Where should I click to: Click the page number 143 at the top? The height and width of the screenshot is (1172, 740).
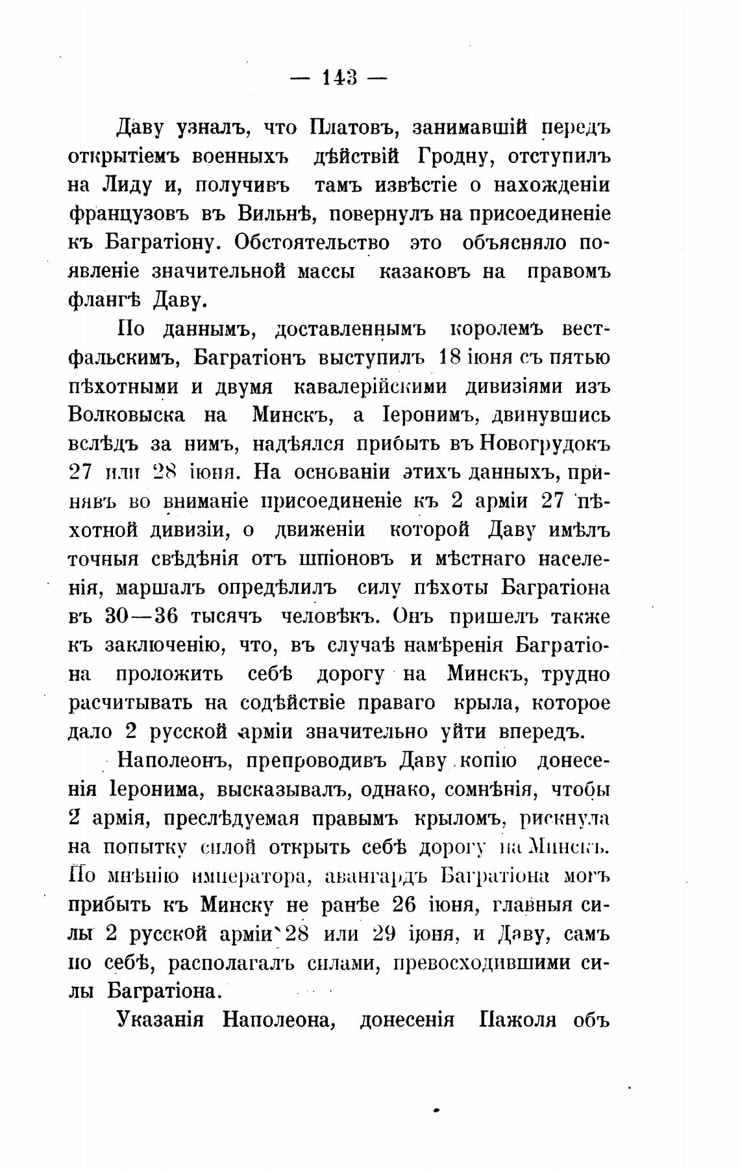click(x=339, y=79)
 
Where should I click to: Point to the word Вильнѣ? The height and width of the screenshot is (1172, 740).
click(x=277, y=214)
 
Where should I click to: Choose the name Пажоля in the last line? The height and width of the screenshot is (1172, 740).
click(x=517, y=1020)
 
